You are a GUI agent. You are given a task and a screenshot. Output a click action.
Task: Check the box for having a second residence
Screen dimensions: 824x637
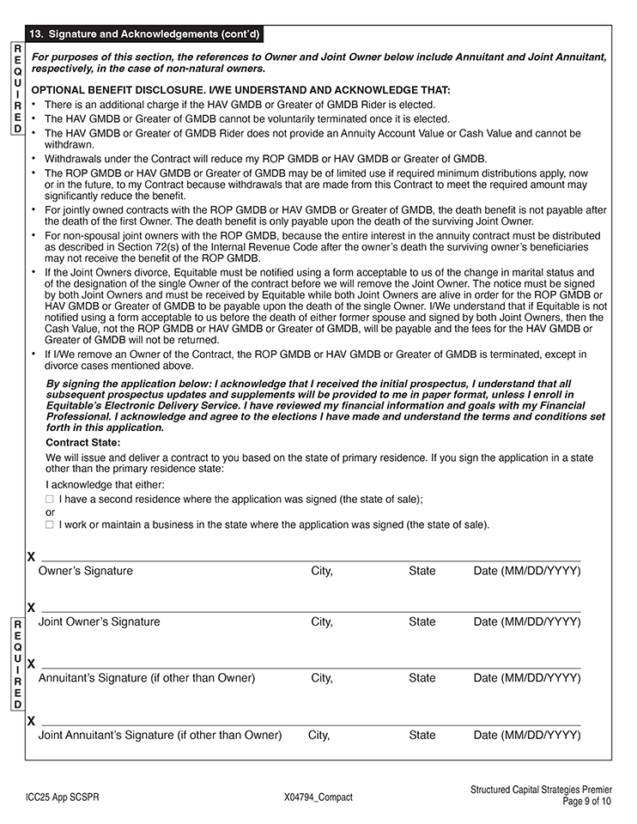coord(50,499)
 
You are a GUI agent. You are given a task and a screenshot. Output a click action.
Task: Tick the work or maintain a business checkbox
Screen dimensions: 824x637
coord(50,524)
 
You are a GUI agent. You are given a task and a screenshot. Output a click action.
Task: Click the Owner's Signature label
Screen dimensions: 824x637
coord(86,571)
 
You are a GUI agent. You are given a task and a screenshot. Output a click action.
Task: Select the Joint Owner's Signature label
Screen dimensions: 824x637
coord(100,621)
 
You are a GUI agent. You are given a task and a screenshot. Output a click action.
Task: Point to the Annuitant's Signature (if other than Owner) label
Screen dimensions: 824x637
coord(147,678)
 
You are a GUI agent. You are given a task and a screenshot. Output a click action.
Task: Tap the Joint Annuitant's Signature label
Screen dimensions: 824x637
coord(160,735)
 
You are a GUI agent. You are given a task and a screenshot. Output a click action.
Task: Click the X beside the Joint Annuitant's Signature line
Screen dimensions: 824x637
coord(32,721)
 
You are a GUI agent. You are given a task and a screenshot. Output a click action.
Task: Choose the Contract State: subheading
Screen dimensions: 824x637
coord(82,443)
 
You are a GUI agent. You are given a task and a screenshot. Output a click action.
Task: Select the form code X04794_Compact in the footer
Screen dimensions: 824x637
coord(318,797)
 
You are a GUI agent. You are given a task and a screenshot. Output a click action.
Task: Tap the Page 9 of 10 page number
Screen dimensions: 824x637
coord(587,802)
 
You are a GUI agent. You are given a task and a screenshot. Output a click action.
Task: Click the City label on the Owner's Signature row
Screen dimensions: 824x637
coord(322,571)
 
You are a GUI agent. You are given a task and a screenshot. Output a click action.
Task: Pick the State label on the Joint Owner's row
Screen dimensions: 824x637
coord(422,621)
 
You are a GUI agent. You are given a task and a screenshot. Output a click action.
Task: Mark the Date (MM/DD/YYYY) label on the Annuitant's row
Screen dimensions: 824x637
coord(527,678)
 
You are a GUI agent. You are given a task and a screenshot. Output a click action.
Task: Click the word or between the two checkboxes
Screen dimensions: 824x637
coord(50,512)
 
